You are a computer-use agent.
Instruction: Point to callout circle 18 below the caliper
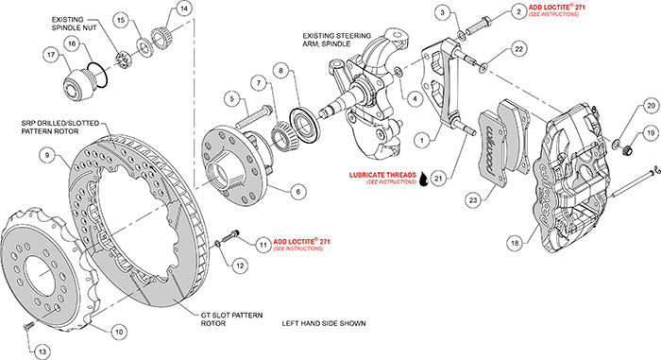(513, 243)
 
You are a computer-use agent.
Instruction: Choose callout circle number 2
(517, 11)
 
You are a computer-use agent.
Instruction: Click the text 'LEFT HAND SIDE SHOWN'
(324, 323)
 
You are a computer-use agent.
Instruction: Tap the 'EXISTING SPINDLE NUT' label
(78, 24)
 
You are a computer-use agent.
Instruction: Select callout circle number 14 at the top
(183, 9)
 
